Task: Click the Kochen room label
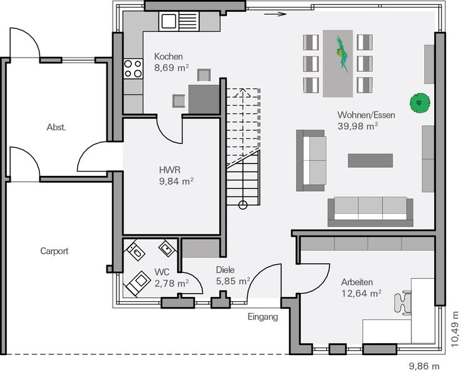coord(168,56)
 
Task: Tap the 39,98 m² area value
coord(358,126)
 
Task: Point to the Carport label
coord(54,251)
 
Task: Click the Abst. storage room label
coord(56,127)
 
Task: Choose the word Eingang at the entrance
coord(262,317)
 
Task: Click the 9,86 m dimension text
coord(424,366)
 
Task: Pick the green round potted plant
coord(420,103)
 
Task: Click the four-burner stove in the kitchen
coord(133,69)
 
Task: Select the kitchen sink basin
coord(168,21)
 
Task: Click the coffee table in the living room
coord(370,160)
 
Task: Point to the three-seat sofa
coord(370,212)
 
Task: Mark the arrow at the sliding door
coord(275,14)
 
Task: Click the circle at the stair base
coord(242,205)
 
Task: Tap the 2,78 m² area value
coord(172,284)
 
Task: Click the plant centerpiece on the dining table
coord(342,54)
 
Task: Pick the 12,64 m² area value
coord(361,294)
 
